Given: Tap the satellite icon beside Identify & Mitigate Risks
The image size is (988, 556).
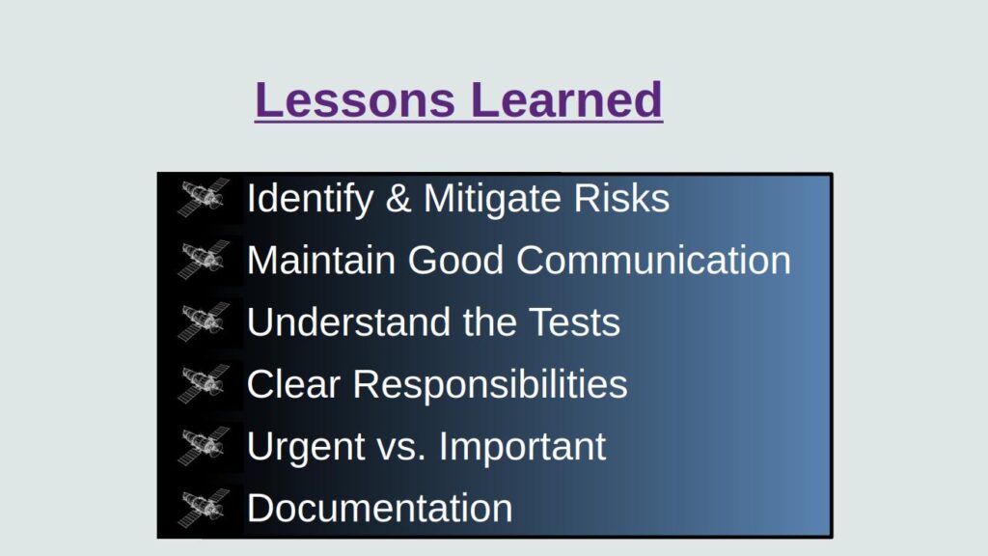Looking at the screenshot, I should [204, 198].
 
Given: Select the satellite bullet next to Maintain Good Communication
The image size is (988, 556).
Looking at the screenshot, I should [204, 260].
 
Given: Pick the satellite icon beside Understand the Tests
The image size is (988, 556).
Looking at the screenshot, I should [204, 321].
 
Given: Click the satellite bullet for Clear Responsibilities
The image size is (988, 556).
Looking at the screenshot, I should [204, 383].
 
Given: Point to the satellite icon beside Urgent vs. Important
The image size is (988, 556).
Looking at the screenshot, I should [204, 445].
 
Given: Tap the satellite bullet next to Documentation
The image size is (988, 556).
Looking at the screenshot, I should [204, 507].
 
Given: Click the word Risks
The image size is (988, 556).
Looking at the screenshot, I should [621, 199].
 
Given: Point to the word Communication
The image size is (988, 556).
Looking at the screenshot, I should [653, 261].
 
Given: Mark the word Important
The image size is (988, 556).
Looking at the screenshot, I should [522, 446].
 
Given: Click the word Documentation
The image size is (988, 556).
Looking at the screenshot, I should [379, 508].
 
